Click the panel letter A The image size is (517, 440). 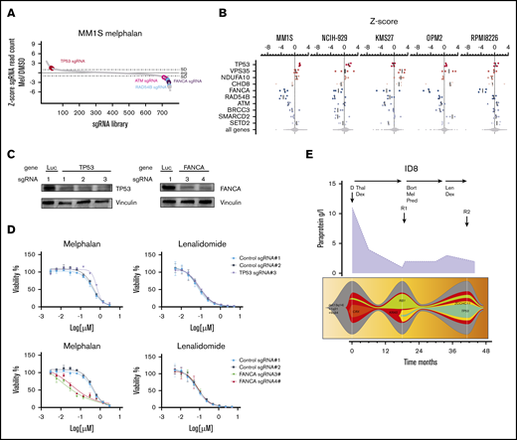click(x=8, y=7)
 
